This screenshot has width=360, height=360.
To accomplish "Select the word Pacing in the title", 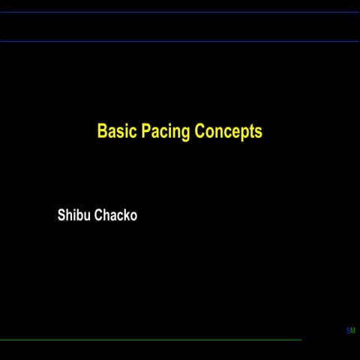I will point(166,132).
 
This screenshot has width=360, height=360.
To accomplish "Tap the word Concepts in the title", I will point(228,132).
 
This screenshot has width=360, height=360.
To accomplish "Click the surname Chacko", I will point(115,215).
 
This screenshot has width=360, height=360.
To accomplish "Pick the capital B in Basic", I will point(102,131).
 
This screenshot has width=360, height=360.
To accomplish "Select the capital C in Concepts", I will point(200,131).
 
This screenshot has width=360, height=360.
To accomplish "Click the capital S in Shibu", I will point(61,215).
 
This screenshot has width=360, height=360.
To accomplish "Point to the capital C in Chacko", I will point(98,215).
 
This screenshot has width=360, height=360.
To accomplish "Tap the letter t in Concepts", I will point(250,132).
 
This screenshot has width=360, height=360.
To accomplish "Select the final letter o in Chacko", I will point(133,217).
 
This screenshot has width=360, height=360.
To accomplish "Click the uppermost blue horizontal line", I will point(180,12).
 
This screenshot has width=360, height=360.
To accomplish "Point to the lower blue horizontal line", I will point(180,41).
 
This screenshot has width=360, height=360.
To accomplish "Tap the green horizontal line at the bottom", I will point(150,340).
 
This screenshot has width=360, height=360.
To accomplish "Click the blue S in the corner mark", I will point(348,331).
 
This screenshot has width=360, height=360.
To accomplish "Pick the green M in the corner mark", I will point(352,331).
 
